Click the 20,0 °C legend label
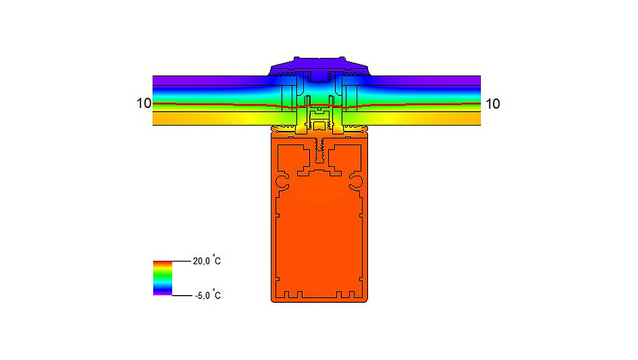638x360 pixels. [207, 261]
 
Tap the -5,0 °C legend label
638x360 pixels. [207, 296]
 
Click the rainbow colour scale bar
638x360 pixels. [162, 278]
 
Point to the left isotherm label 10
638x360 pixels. [144, 104]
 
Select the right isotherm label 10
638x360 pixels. [492, 104]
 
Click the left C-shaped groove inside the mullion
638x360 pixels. [283, 181]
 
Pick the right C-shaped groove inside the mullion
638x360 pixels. [357, 181]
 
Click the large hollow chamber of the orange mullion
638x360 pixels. [320, 240]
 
